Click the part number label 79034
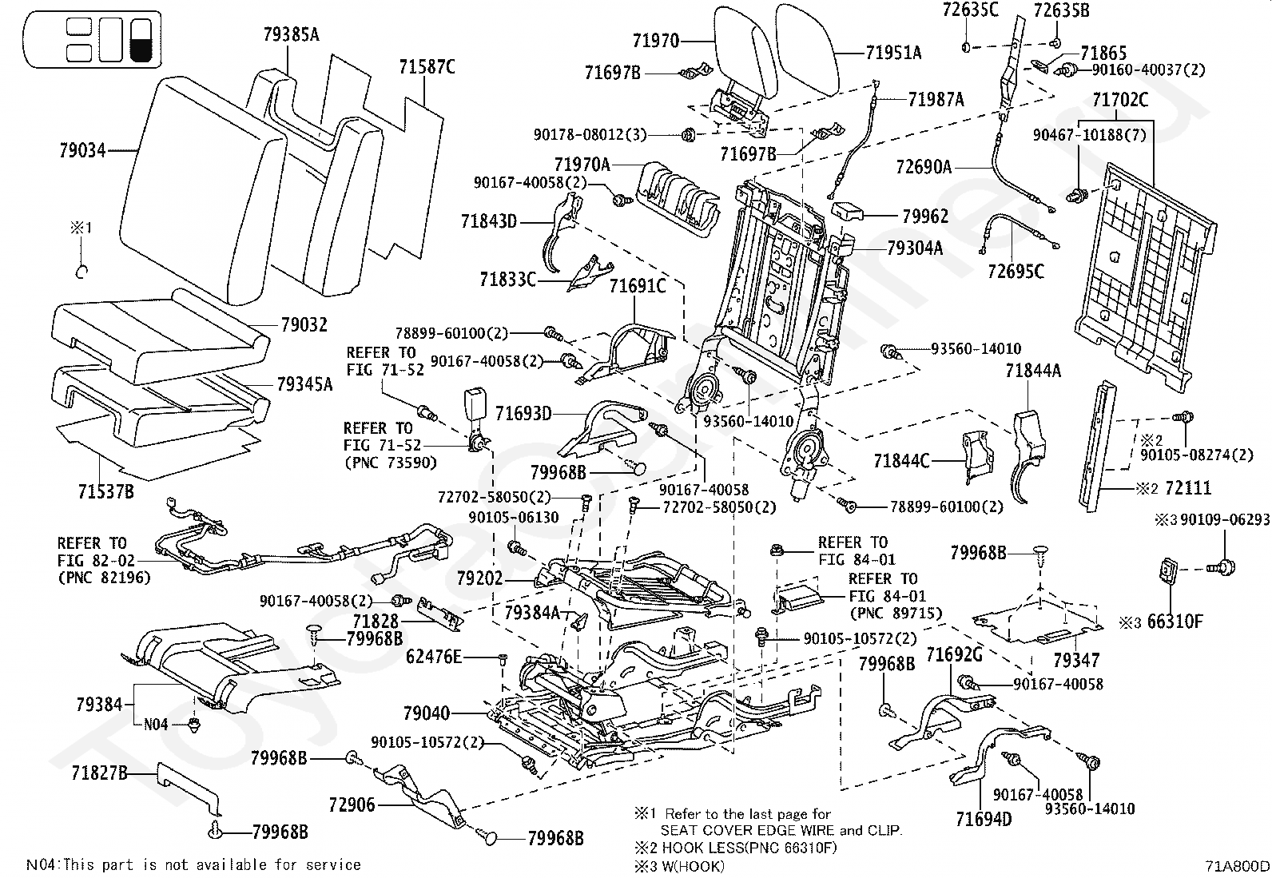(x=82, y=150)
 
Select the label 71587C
(x=427, y=68)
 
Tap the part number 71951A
(x=893, y=53)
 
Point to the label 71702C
(x=1120, y=100)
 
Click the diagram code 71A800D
(x=1237, y=865)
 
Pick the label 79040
(x=427, y=713)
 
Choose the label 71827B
(x=99, y=773)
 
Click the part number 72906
(x=352, y=805)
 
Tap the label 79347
(x=1076, y=660)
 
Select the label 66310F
(x=1175, y=622)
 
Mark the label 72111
(x=1188, y=488)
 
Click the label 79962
(x=925, y=217)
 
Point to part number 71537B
(x=106, y=491)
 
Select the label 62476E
(x=434, y=657)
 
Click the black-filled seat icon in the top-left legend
(x=141, y=39)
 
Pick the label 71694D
(x=984, y=820)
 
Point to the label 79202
(x=480, y=578)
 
